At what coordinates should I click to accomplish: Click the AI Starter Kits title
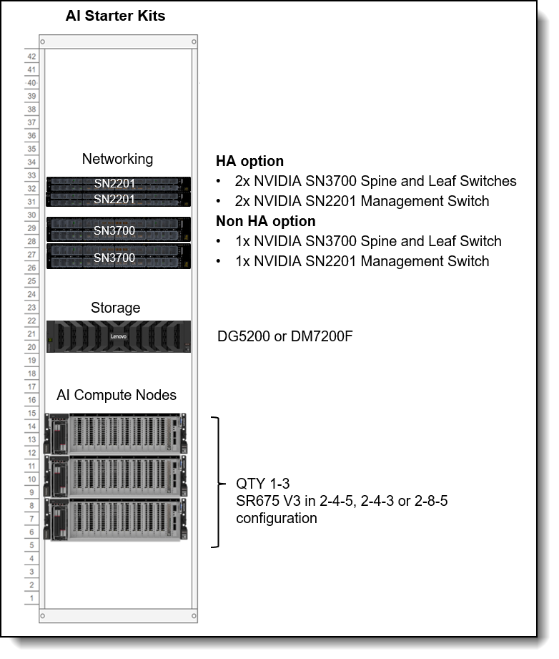coord(115,16)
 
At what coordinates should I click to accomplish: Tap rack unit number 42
coord(31,57)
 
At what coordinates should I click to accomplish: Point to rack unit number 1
coord(31,597)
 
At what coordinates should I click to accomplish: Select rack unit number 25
coord(31,280)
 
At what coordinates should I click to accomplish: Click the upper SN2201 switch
coord(119,184)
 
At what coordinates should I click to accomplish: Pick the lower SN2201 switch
coord(119,199)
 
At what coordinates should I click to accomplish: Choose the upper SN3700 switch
coord(119,230)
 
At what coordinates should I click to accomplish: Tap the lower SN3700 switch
coord(119,256)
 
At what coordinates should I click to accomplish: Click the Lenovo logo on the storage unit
coord(119,336)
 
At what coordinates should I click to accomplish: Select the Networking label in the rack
coord(118,159)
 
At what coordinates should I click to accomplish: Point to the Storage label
coord(116,308)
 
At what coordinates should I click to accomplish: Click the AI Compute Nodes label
coord(117,395)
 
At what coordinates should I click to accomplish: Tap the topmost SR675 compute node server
coord(116,434)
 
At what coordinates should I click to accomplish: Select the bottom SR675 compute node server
coord(116,519)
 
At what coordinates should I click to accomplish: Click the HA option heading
coord(250,161)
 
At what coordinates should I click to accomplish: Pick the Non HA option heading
coord(265,221)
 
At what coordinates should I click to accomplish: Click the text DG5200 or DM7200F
coord(285,336)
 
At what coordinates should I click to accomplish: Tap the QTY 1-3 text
coord(263,483)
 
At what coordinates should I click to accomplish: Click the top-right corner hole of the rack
coord(194,42)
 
